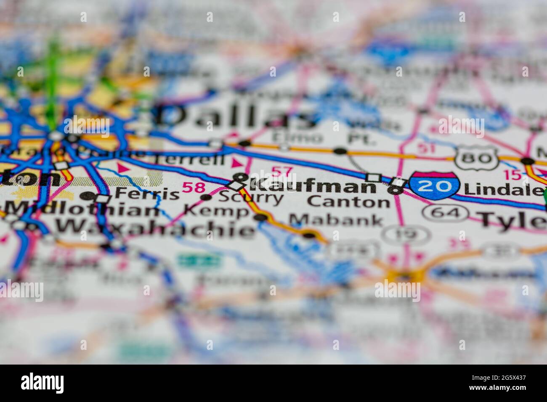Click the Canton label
tap(349, 202)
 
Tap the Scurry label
tap(251, 198)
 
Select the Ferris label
tap(146, 194)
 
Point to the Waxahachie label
tap(155, 227)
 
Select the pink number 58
tap(194, 188)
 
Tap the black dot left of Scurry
tap(206, 197)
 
